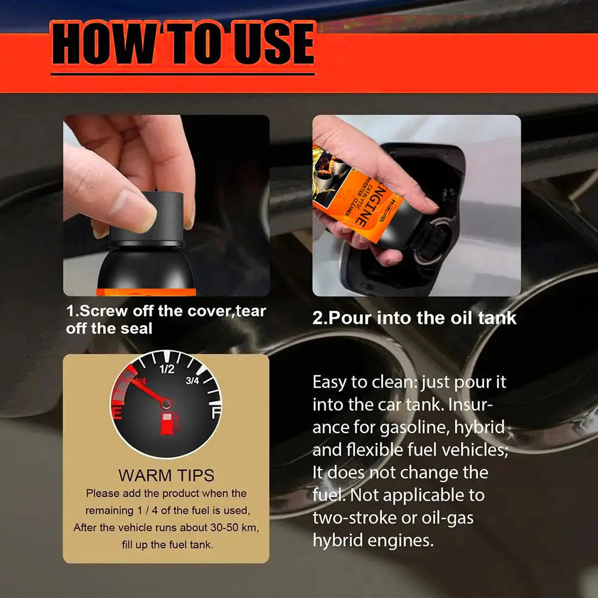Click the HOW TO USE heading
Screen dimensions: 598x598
[x=182, y=45]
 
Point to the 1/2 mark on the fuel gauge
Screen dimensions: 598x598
[x=167, y=369]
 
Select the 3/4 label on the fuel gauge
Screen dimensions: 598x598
[x=192, y=381]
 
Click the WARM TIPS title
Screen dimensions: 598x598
[x=166, y=476]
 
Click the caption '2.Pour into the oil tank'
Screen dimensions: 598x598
[x=414, y=317]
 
